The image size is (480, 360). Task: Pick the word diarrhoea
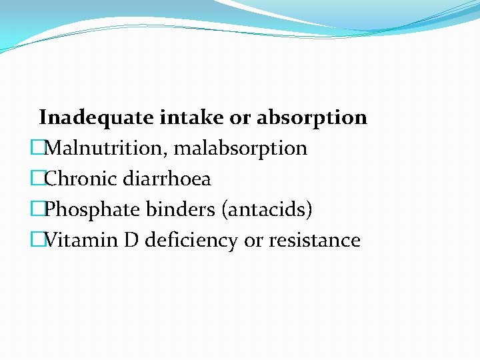pyautogui.click(x=167, y=179)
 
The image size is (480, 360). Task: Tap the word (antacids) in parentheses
pyautogui.click(x=267, y=210)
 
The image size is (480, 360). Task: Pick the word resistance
pyautogui.click(x=315, y=241)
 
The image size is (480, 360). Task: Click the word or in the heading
pyautogui.click(x=239, y=118)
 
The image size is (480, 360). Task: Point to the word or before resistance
pyautogui.click(x=253, y=241)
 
